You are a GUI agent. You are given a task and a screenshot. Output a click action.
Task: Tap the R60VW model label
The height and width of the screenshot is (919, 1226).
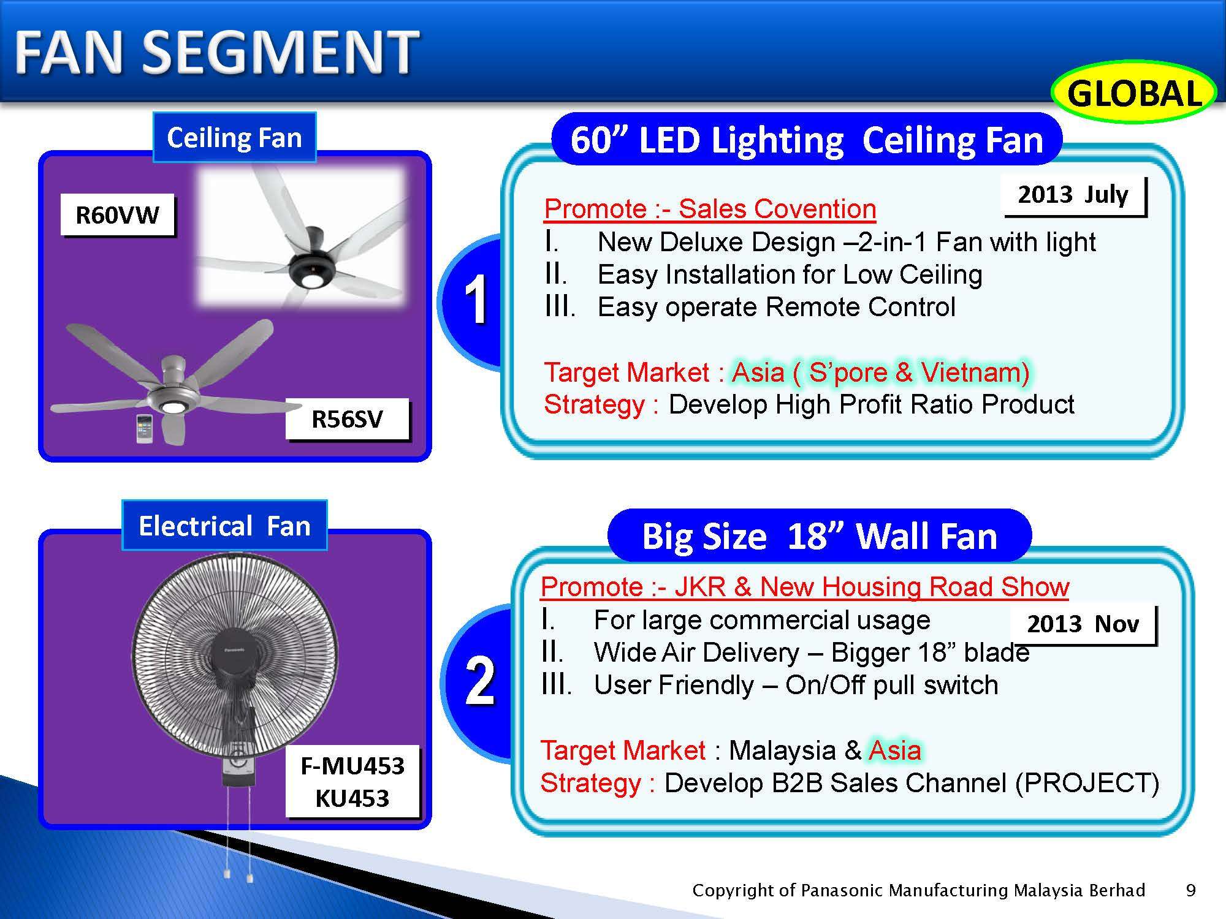(x=117, y=215)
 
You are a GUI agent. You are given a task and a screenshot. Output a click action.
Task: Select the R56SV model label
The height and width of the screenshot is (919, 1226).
(x=348, y=419)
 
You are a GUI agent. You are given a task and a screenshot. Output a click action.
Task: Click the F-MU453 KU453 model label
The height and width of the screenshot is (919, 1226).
(x=352, y=782)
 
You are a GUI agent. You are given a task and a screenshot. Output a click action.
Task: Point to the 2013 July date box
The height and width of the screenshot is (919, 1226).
(x=1073, y=195)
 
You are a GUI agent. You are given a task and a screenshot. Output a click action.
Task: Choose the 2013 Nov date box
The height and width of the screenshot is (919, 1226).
(x=1083, y=624)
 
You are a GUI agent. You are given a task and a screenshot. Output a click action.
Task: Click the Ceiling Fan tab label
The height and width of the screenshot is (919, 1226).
(x=234, y=137)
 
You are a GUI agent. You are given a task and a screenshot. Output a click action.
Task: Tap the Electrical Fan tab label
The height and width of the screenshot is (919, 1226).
(x=224, y=526)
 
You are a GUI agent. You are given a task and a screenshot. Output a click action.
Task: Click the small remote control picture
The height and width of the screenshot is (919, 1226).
(x=145, y=428)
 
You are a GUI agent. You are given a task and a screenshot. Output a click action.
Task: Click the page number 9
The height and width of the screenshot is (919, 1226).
(x=1191, y=890)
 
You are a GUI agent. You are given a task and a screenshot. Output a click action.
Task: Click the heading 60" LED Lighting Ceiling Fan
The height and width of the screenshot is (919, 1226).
(x=807, y=140)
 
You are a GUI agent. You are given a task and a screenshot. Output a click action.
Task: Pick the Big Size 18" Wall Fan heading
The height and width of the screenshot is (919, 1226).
(x=820, y=536)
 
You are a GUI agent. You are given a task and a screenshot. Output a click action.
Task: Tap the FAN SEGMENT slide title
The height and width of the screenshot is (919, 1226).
(x=216, y=52)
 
